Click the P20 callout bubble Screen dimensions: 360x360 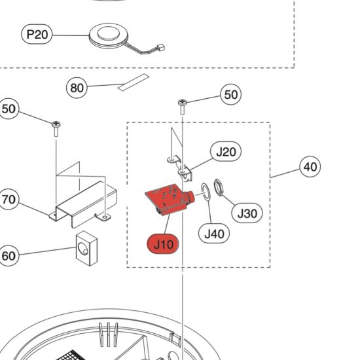(37, 35)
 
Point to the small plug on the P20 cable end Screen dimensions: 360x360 (159, 47)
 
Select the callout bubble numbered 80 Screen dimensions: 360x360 (77, 87)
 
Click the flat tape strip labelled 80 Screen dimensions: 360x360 (134, 82)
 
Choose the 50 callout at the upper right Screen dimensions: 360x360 (231, 95)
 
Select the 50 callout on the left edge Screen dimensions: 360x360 (9, 109)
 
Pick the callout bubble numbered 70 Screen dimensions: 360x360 (9, 200)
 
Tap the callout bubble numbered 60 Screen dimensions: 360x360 (9, 255)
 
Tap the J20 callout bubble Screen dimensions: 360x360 (226, 152)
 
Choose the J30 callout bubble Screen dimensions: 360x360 (249, 213)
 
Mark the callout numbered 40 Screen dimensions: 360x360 (310, 167)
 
